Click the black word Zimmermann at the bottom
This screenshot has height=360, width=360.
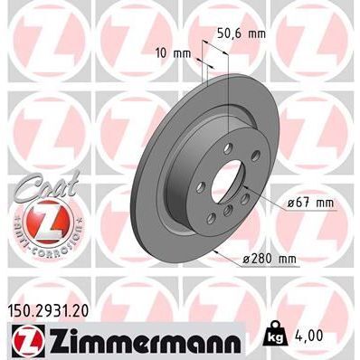pyautogui.click(x=140, y=341)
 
